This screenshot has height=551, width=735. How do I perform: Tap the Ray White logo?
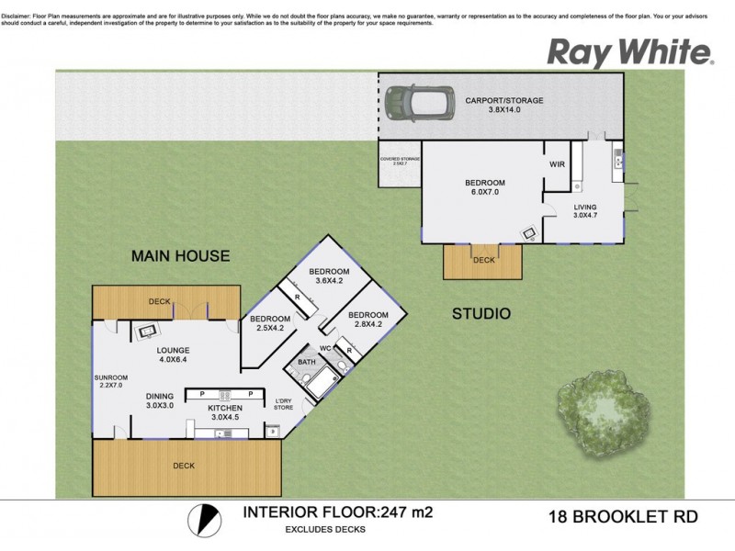[x=630, y=52]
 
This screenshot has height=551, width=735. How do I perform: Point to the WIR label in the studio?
[x=555, y=165]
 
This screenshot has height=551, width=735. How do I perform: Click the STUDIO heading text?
[x=481, y=314]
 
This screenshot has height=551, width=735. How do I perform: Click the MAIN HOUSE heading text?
[x=180, y=256]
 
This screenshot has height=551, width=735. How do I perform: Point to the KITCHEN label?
[x=225, y=408]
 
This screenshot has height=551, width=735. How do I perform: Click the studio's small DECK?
[x=483, y=261]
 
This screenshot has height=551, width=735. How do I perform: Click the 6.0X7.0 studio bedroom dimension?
[x=484, y=194]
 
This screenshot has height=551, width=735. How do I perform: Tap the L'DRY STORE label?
[x=284, y=404]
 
